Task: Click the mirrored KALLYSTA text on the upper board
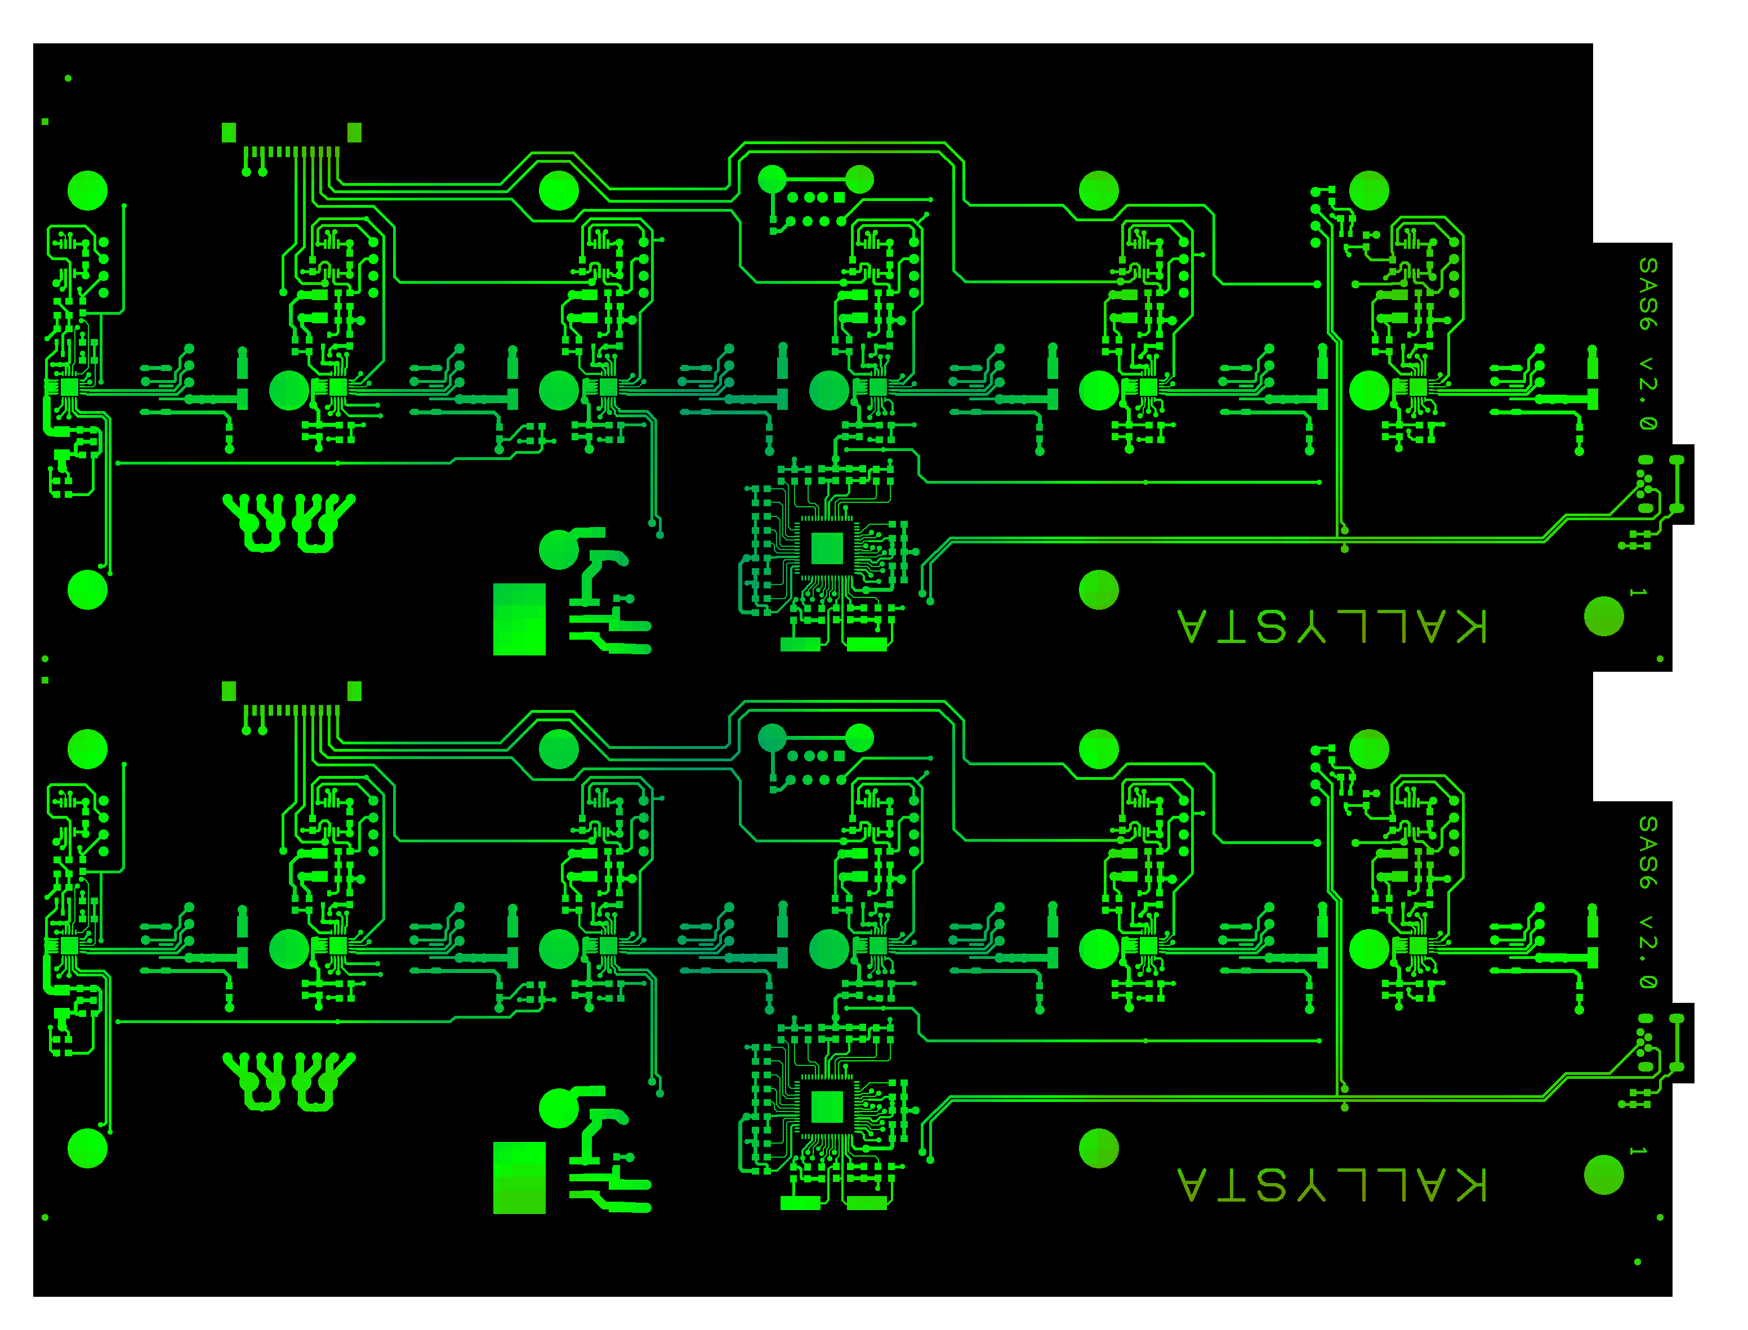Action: [1332, 626]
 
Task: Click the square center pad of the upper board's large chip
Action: [827, 548]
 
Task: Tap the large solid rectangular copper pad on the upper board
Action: [519, 619]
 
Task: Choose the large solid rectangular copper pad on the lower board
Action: [519, 1178]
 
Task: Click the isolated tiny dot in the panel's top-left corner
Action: [68, 78]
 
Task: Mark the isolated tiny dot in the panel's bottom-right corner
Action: [1638, 1262]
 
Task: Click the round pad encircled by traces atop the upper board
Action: [559, 191]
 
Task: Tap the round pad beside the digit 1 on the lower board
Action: [1604, 1175]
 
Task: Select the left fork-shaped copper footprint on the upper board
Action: [253, 523]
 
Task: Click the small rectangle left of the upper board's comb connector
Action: [229, 132]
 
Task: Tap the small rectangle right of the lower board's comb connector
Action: [355, 691]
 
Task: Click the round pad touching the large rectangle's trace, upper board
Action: [559, 550]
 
